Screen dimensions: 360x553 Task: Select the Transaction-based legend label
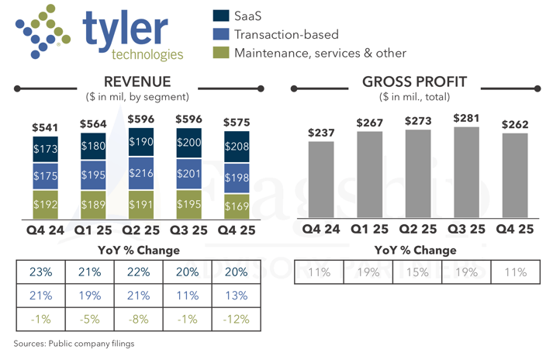pyautogui.click(x=286, y=34)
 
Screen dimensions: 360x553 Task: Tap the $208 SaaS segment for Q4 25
pyautogui.click(x=237, y=147)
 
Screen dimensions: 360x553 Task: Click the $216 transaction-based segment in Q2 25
pyautogui.click(x=141, y=174)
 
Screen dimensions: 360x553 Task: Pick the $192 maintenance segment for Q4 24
pyautogui.click(x=45, y=205)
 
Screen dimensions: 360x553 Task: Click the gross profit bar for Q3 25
pyautogui.click(x=466, y=173)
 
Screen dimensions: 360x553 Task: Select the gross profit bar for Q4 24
pyautogui.click(x=320, y=180)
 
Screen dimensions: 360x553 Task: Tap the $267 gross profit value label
pyautogui.click(x=369, y=123)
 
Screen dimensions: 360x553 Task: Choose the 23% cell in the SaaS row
pyautogui.click(x=41, y=272)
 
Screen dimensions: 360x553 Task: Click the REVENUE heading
pyautogui.click(x=137, y=82)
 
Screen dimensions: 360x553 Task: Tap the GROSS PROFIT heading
pyautogui.click(x=414, y=82)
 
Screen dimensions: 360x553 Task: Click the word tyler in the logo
pyautogui.click(x=124, y=29)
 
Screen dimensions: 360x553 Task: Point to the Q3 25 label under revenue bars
pyautogui.click(x=188, y=230)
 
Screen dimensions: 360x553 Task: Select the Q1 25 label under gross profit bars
pyautogui.click(x=369, y=230)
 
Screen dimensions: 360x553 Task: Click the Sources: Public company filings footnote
pyautogui.click(x=73, y=343)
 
